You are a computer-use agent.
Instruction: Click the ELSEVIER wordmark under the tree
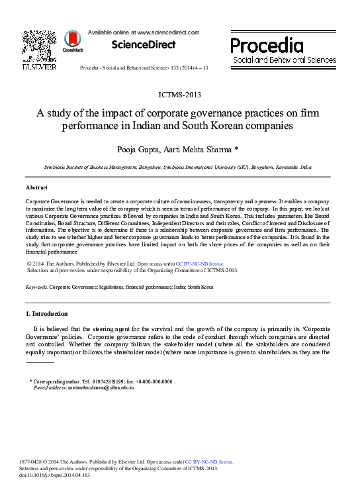[x=40, y=67]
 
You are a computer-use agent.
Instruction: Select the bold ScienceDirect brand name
[x=143, y=44]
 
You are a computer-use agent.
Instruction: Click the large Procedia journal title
[x=267, y=45]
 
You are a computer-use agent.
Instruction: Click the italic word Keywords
[x=36, y=287]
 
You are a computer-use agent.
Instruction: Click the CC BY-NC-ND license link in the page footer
[x=209, y=462]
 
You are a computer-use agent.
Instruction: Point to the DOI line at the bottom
[x=54, y=475]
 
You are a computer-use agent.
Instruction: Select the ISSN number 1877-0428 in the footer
[x=33, y=462]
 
